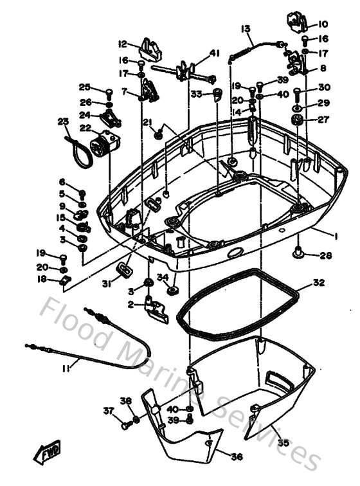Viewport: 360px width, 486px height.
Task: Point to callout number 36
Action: click(236, 456)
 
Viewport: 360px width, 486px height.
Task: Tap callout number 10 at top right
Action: click(322, 24)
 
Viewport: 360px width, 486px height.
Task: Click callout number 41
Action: click(214, 53)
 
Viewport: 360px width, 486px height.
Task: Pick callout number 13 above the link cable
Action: click(246, 29)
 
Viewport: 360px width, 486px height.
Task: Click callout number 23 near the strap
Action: click(62, 122)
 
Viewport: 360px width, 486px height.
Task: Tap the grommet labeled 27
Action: click(298, 120)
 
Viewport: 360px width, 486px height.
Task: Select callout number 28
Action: click(326, 256)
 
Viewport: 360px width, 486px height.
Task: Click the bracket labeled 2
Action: click(156, 307)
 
